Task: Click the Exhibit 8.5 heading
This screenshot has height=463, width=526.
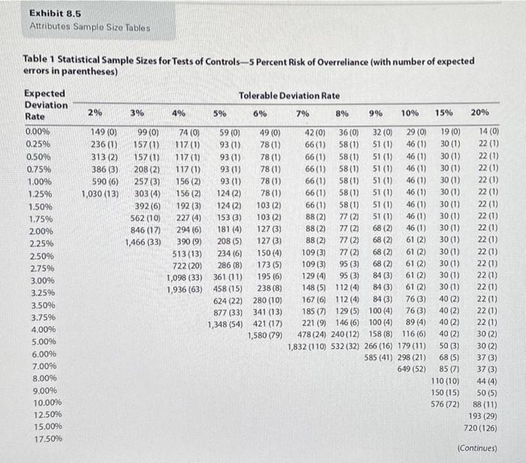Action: (55, 14)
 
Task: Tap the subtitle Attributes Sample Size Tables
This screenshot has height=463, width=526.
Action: (89, 27)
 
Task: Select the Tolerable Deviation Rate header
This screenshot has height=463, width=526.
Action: (289, 95)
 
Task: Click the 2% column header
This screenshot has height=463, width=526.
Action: (95, 113)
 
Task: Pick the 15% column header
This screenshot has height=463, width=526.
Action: (444, 113)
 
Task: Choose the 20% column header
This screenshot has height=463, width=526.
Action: (479, 113)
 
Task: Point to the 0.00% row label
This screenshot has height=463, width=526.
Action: (38, 132)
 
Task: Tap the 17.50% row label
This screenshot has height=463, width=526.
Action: (48, 438)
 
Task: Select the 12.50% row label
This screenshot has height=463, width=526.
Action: (47, 414)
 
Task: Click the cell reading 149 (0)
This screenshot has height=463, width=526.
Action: (104, 132)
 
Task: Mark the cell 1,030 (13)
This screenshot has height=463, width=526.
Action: (100, 194)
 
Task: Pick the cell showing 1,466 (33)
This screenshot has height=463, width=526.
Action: (143, 242)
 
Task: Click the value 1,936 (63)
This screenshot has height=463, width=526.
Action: (185, 289)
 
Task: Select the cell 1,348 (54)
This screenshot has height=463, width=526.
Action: (225, 325)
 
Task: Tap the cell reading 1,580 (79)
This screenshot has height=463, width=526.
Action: (265, 335)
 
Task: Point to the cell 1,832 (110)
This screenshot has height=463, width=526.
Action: (307, 346)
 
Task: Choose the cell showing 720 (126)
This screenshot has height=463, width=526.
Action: (480, 428)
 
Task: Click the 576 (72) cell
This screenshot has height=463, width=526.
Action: (445, 404)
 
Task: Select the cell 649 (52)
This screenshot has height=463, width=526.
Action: (412, 369)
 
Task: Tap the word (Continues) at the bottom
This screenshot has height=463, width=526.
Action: (477, 448)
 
